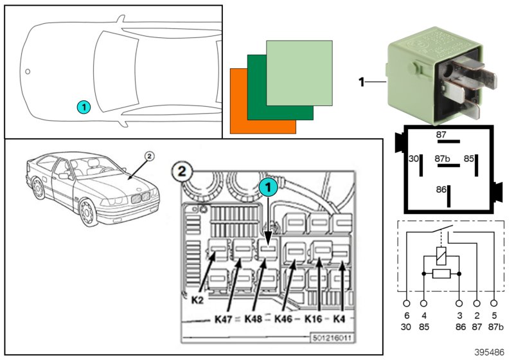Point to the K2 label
197,300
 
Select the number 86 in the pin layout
441,190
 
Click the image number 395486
491,353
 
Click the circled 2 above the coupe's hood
149,155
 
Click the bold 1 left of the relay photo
362,82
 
